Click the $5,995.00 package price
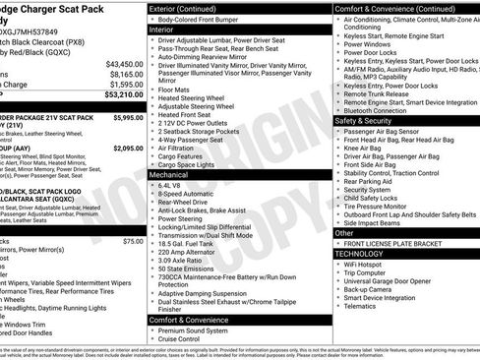(x=127, y=117)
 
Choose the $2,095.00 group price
(x=127, y=148)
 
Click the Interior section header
(x=168, y=30)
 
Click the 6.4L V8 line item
(x=171, y=184)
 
